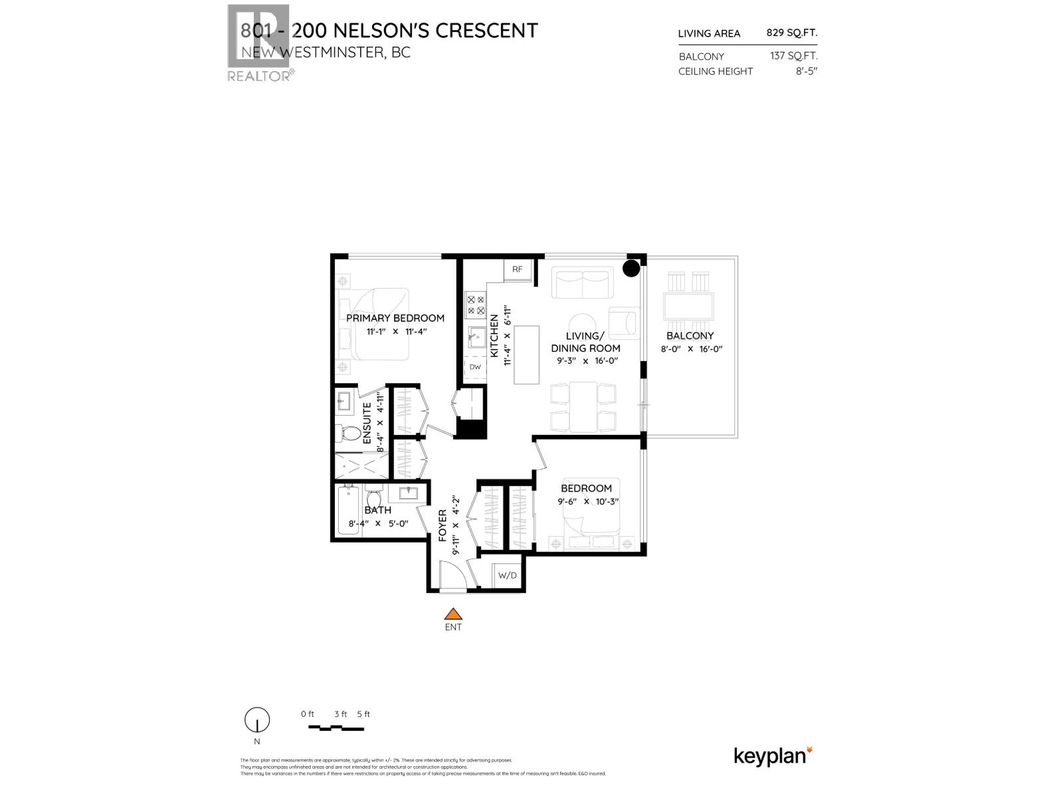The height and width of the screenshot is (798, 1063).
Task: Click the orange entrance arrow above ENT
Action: (453, 614)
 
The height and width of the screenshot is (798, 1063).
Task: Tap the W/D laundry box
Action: (507, 575)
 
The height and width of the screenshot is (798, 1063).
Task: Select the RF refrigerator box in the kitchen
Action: (518, 269)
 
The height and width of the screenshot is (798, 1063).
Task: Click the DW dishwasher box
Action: (475, 366)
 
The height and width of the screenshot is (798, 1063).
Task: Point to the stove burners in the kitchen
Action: (476, 305)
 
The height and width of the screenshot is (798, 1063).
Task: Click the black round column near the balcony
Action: (630, 269)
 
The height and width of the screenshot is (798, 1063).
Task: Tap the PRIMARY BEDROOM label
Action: (395, 318)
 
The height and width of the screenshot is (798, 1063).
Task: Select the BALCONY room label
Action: (690, 336)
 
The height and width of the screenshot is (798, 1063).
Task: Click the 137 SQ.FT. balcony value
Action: (794, 57)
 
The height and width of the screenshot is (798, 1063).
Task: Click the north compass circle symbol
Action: (257, 720)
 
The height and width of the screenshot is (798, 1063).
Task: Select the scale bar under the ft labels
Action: (336, 728)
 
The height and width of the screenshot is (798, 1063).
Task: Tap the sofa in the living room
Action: (583, 283)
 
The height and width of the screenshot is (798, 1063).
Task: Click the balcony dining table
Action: (689, 307)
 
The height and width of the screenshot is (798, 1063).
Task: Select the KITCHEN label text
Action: (494, 336)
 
